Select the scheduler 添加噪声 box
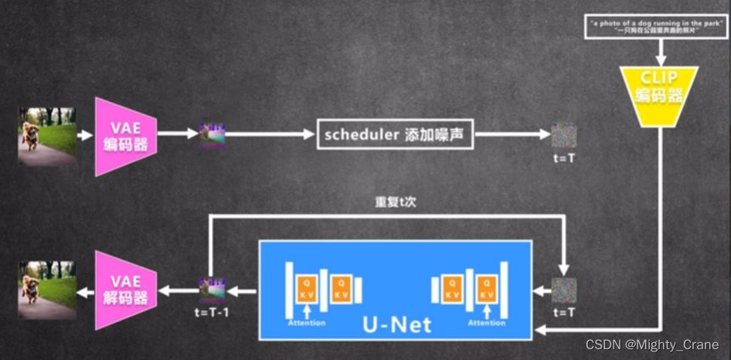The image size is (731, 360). [x=395, y=134]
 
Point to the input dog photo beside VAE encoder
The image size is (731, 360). [x=46, y=135]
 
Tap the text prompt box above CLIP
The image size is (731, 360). [x=657, y=29]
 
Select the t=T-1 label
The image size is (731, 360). [x=211, y=314]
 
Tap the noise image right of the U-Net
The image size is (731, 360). [x=564, y=290]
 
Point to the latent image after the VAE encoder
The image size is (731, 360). [x=212, y=134]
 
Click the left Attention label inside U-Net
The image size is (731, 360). [x=307, y=323]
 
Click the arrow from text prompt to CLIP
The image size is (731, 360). [x=660, y=53]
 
